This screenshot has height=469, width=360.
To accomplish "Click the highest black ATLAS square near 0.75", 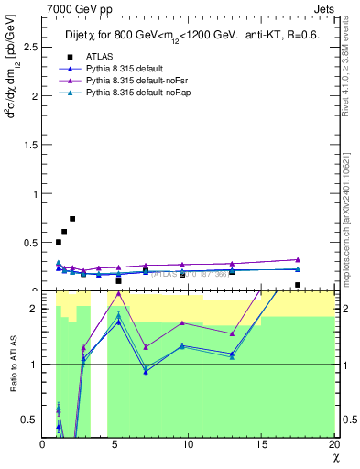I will point(72,219).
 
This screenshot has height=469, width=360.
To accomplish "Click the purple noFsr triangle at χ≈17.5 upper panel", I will point(298,259).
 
